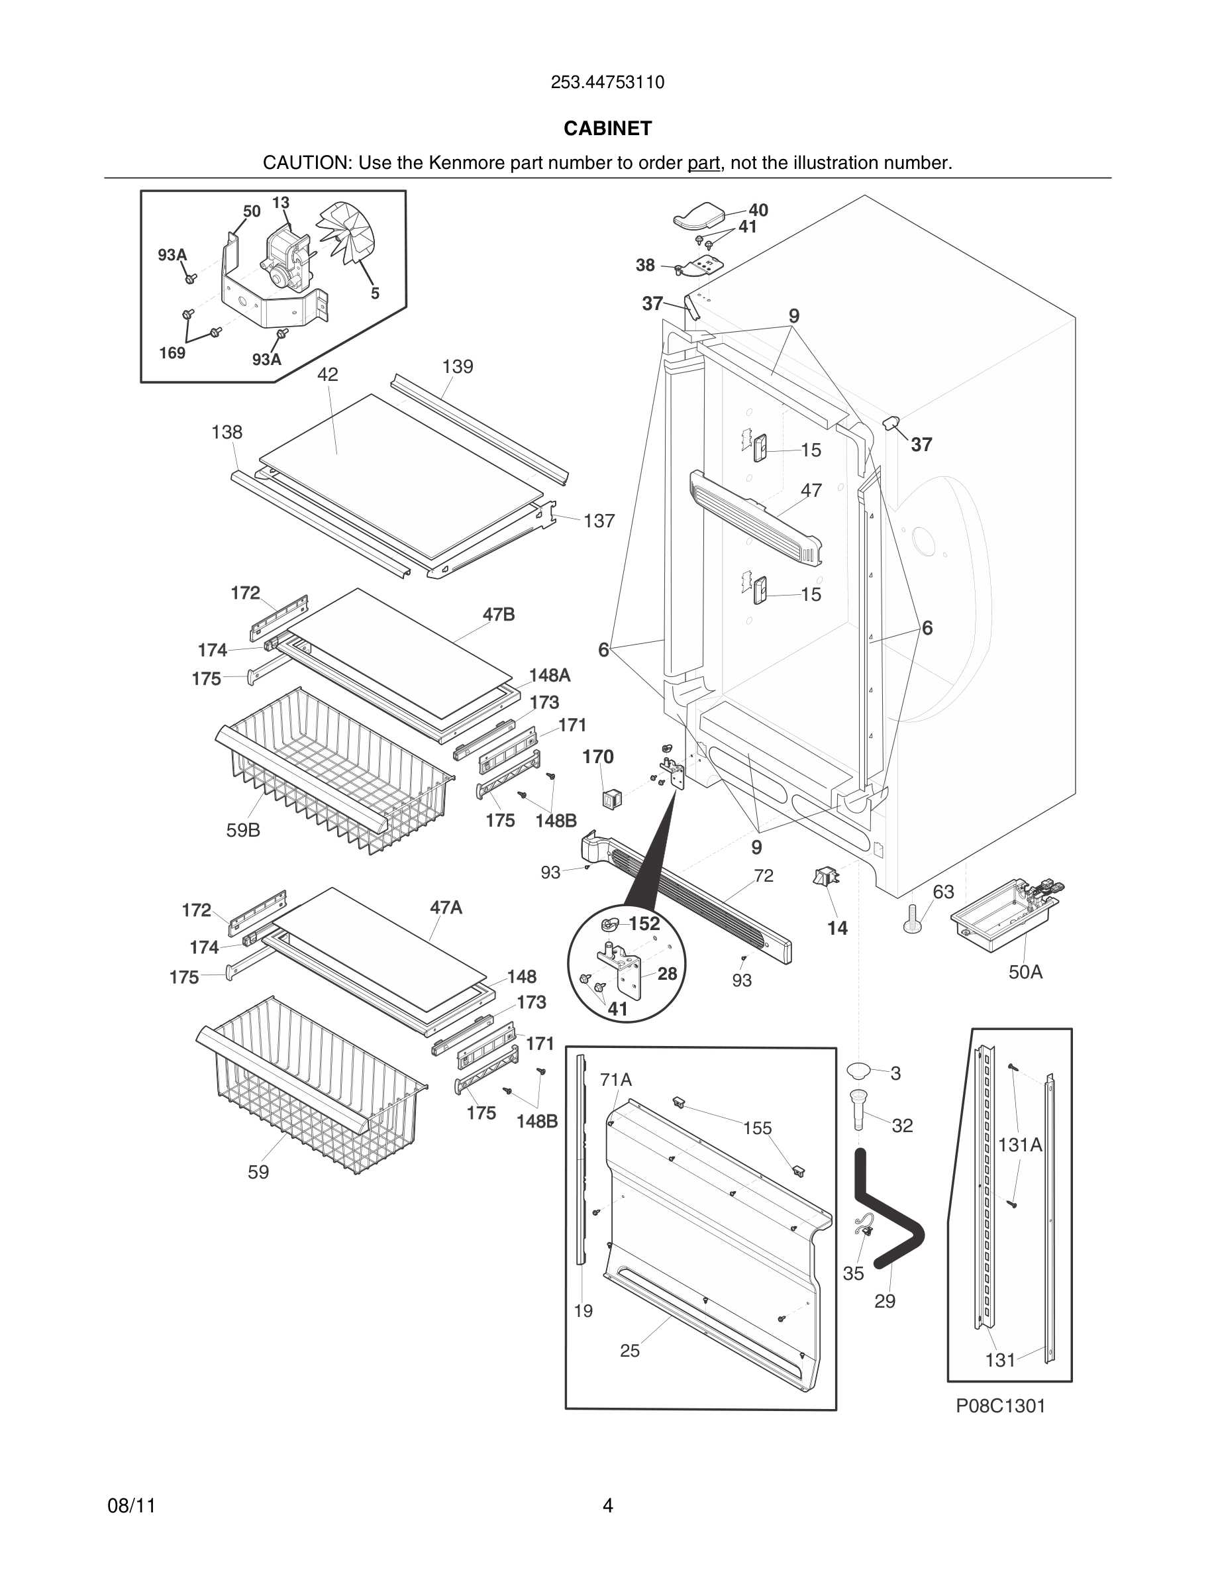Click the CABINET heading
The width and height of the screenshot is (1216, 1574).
[607, 129]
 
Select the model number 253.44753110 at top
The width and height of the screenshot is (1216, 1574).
[607, 82]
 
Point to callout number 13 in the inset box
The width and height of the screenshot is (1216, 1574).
[280, 203]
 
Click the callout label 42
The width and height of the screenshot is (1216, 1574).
[327, 374]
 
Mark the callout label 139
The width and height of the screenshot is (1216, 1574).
[458, 367]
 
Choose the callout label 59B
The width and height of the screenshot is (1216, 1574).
[243, 830]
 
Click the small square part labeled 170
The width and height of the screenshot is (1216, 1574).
[611, 798]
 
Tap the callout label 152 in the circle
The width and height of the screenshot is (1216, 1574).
[644, 923]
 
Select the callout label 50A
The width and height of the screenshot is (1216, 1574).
[1025, 972]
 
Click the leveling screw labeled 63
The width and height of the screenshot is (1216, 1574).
[910, 921]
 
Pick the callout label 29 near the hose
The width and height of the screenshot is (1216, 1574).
[885, 1301]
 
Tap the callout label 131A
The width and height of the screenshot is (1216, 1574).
[1020, 1145]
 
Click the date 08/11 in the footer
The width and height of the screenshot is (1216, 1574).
[131, 1506]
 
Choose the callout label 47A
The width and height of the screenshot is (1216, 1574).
[446, 908]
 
